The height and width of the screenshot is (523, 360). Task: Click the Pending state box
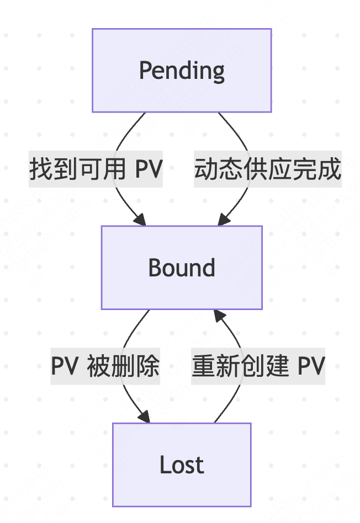182,71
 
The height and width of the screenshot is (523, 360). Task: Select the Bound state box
182,268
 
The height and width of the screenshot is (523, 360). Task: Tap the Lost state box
182,465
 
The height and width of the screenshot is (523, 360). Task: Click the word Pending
182,71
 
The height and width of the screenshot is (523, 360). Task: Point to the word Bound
182,268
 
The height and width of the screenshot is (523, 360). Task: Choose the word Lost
182,465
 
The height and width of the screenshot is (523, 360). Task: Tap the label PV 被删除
105,366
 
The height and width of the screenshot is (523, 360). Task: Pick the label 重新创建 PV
258,366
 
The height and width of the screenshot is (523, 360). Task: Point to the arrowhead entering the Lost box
145,418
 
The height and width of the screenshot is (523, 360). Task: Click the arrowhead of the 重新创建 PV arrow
219,315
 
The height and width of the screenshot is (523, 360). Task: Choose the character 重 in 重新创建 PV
203,366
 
